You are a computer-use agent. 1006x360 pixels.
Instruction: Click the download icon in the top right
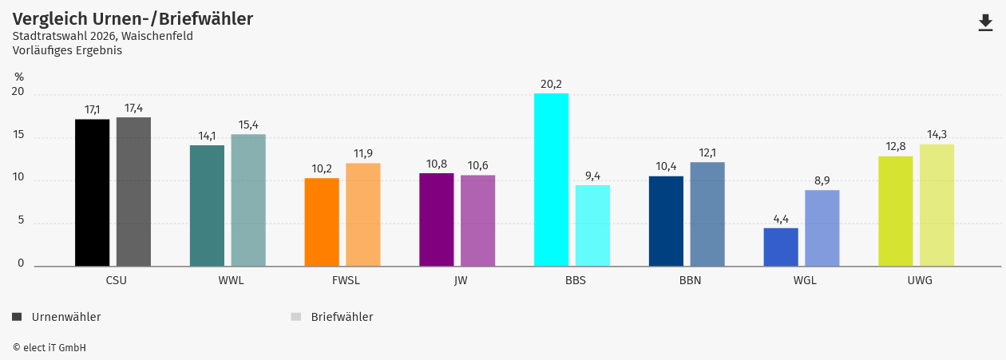985,23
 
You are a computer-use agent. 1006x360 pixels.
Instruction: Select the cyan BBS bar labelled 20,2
551,180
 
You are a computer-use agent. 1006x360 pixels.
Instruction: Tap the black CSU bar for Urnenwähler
93,192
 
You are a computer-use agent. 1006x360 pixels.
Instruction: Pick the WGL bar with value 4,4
781,247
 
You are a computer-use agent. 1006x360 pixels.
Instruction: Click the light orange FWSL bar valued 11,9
363,214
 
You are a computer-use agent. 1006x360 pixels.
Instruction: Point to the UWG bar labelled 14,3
937,205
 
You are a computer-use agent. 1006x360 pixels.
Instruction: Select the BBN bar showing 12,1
707,214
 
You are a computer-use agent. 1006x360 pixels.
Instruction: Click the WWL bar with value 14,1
207,205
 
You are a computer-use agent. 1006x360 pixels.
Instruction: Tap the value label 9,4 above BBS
592,176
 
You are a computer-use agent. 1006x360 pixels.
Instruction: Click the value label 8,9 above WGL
822,180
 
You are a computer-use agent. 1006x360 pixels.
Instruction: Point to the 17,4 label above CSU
133,108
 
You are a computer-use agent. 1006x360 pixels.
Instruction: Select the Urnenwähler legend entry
57,317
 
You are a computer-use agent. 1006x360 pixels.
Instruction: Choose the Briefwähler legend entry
333,317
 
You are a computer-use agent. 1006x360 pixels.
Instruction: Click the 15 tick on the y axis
18,136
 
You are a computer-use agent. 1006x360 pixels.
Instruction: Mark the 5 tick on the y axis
21,221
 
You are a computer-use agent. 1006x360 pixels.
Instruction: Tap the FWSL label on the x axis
346,280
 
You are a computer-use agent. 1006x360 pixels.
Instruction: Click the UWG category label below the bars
920,280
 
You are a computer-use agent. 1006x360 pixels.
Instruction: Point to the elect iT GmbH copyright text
50,348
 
